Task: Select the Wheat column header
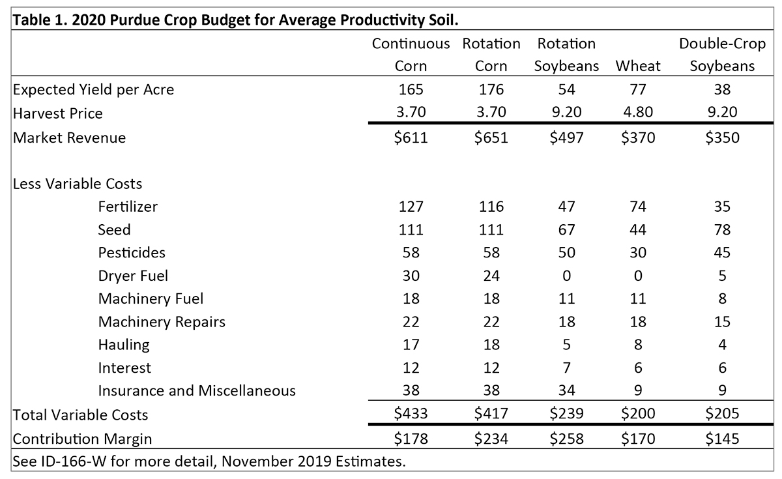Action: click(x=637, y=66)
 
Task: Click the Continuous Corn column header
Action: click(x=411, y=55)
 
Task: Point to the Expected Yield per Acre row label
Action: click(x=93, y=89)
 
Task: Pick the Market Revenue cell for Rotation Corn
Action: click(x=491, y=138)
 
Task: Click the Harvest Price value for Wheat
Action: click(x=637, y=113)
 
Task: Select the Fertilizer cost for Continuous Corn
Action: click(x=411, y=207)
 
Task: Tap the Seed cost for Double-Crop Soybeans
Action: click(x=721, y=229)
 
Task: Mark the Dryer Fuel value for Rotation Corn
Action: click(x=491, y=276)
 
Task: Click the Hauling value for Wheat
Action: click(x=637, y=344)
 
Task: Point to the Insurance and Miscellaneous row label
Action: click(x=196, y=390)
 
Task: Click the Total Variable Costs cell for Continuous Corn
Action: click(x=411, y=414)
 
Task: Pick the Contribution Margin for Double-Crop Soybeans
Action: click(x=721, y=439)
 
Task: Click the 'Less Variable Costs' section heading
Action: click(x=77, y=183)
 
